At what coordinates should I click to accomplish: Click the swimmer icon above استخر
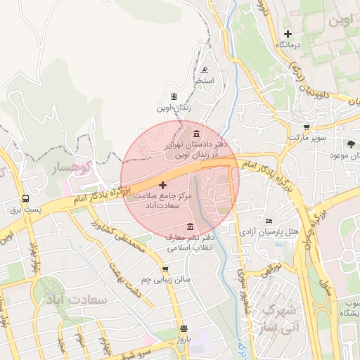point(204,70)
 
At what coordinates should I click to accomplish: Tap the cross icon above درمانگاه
point(287,34)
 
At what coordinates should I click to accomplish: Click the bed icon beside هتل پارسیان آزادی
point(269,221)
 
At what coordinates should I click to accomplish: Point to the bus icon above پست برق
point(26,199)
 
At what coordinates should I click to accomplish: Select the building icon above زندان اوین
point(174,97)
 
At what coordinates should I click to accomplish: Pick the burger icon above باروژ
point(184,328)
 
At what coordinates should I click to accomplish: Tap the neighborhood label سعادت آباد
point(98,300)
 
